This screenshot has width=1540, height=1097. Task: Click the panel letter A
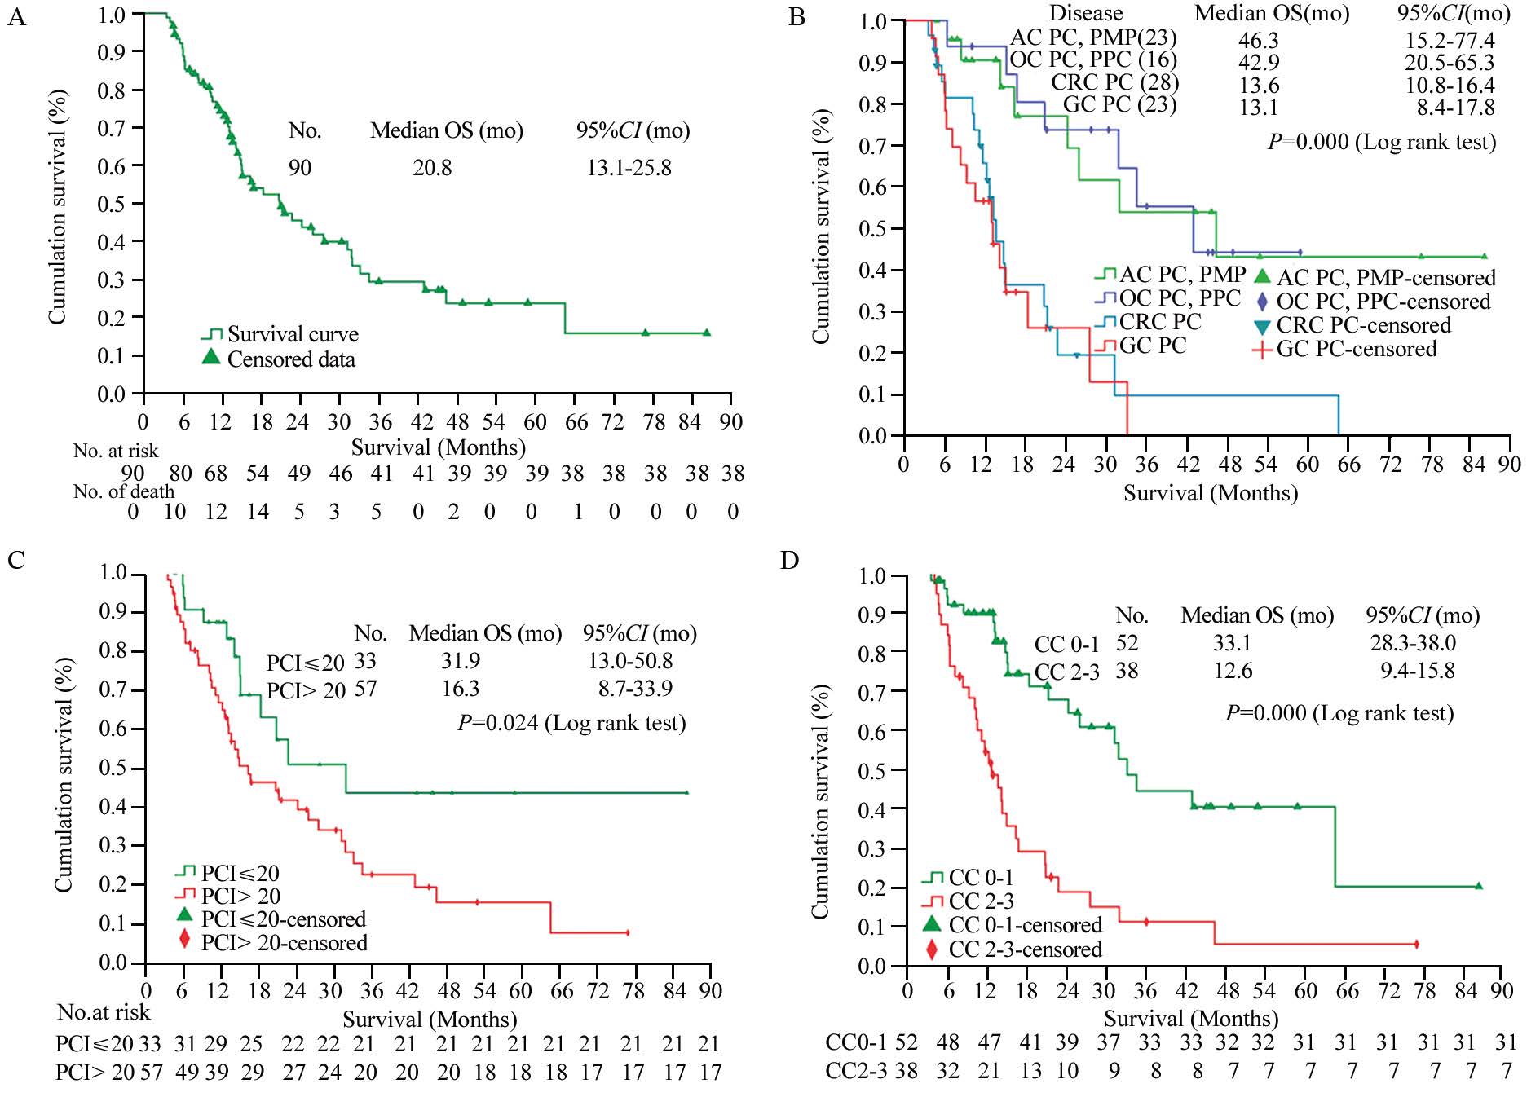[16, 16]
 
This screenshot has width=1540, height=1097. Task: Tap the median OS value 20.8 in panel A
[432, 168]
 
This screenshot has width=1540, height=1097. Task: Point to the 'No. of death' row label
[124, 491]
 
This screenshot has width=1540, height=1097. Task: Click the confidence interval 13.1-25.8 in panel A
[629, 168]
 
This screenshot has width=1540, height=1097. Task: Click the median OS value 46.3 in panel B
[1259, 41]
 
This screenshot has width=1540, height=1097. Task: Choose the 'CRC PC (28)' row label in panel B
[1114, 83]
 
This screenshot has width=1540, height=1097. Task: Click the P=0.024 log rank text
[571, 723]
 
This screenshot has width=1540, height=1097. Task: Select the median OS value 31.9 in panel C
[461, 661]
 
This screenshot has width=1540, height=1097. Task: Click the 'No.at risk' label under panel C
[104, 1012]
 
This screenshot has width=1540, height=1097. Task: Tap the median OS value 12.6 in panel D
[1232, 671]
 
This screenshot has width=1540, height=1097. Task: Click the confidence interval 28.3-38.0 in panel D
[1412, 643]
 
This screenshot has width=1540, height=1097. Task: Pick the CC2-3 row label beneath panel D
[856, 1071]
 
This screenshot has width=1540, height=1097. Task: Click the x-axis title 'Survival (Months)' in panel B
[1211, 493]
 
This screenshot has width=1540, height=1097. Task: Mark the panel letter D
[789, 561]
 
